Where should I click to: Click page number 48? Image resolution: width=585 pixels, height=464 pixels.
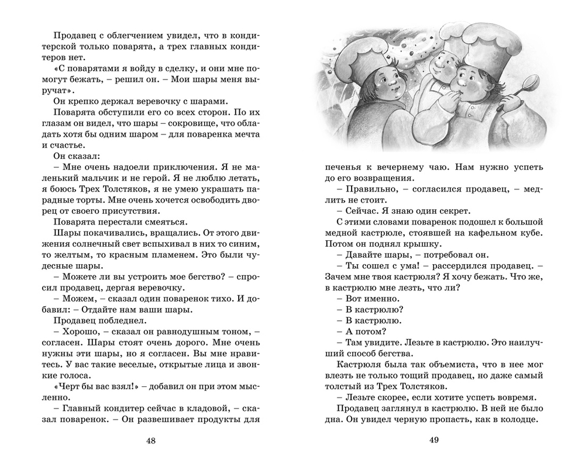pos(151,440)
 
